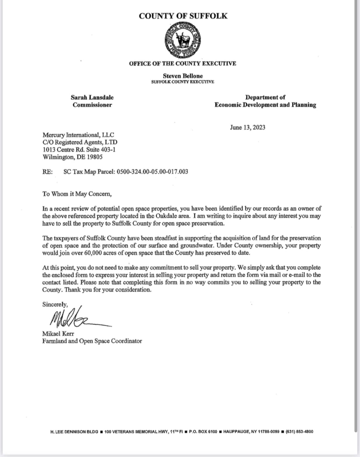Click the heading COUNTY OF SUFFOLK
[x=183, y=16]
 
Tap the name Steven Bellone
[x=183, y=76]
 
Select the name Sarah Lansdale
[x=92, y=97]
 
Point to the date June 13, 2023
[x=247, y=127]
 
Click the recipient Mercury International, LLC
[x=78, y=135]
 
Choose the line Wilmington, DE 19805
[x=72, y=157]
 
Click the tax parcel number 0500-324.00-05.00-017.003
[x=153, y=172]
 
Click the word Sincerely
[x=55, y=304]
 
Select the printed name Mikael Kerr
[x=58, y=334]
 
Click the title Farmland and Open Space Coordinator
[x=92, y=341]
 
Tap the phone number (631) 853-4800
[x=299, y=432]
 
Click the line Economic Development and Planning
[x=265, y=105]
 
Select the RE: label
[x=47, y=172]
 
